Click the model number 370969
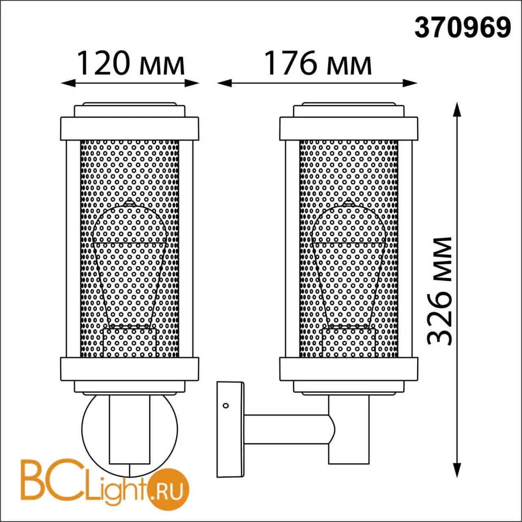[x=463, y=29]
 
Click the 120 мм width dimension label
[x=131, y=63]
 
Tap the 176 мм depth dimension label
[x=318, y=63]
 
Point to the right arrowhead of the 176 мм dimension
[x=409, y=83]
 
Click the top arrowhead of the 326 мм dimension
[x=457, y=109]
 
